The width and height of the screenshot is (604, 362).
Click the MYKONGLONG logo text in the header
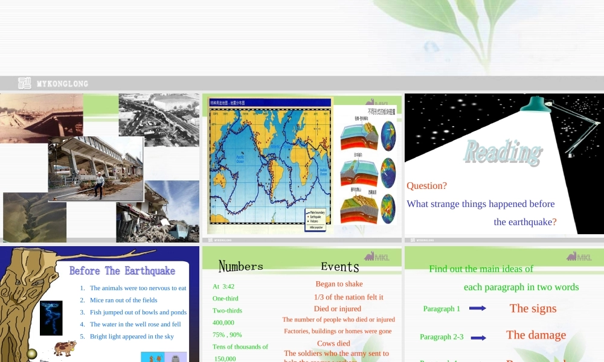(62, 84)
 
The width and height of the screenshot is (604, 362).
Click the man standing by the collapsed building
(98, 179)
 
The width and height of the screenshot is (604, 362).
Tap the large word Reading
(502, 153)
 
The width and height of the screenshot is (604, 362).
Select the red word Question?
(426, 186)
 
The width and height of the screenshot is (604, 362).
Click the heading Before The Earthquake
(122, 271)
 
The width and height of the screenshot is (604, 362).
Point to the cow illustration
(64, 348)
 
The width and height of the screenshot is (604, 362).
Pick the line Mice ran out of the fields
(123, 300)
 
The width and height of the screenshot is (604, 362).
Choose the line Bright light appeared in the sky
(132, 336)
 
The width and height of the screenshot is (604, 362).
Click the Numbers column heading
(240, 266)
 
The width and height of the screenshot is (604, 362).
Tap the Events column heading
(339, 267)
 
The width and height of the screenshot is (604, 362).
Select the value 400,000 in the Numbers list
(223, 323)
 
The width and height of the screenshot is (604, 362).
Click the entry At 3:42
(223, 287)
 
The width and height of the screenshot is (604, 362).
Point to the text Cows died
(333, 343)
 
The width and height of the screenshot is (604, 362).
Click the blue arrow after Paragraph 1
(477, 308)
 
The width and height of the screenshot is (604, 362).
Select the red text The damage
(536, 335)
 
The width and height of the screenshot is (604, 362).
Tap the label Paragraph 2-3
(442, 337)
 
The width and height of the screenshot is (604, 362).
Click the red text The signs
(533, 308)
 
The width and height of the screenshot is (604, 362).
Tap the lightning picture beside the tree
(51, 317)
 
